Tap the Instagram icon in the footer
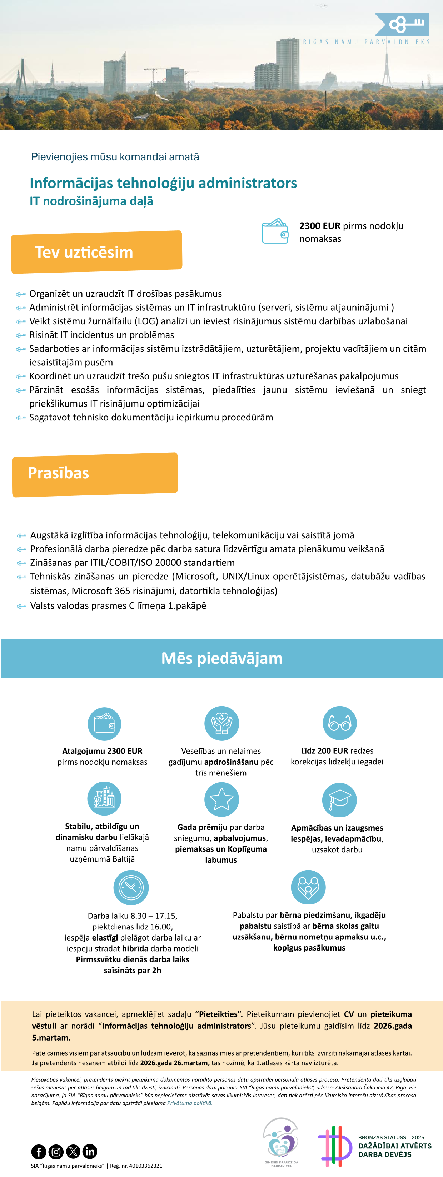click(x=56, y=1151)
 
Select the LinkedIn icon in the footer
click(x=90, y=1151)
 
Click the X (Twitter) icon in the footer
click(x=73, y=1151)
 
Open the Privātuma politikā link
click(x=190, y=1103)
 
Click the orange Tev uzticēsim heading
click(x=84, y=252)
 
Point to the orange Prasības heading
click(x=59, y=473)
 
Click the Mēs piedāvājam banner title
click(x=222, y=658)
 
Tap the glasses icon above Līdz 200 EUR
click(x=340, y=723)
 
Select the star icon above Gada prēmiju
click(x=222, y=799)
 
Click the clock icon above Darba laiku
click(x=131, y=887)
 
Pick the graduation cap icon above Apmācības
click(x=340, y=799)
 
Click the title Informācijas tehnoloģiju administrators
click(x=163, y=183)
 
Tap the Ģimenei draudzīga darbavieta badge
click(x=281, y=1142)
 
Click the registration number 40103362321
click(x=146, y=1166)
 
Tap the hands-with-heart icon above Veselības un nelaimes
click(x=222, y=723)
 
